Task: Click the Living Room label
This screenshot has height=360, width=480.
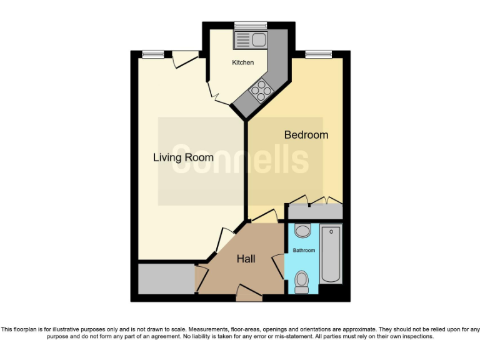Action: tap(183, 157)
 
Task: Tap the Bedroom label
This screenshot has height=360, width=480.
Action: tap(306, 135)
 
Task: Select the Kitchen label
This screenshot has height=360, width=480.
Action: tap(243, 62)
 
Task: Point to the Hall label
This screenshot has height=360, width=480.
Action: tap(246, 259)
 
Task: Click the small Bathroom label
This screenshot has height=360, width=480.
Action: tap(304, 251)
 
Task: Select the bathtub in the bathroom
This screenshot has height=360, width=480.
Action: tap(331, 255)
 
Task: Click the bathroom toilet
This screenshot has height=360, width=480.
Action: tap(302, 281)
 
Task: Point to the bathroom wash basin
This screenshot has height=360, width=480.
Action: tap(302, 231)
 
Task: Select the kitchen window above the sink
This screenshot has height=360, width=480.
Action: tap(250, 26)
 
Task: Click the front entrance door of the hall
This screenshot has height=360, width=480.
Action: tap(249, 291)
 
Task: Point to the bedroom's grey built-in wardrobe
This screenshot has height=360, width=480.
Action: tap(314, 211)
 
